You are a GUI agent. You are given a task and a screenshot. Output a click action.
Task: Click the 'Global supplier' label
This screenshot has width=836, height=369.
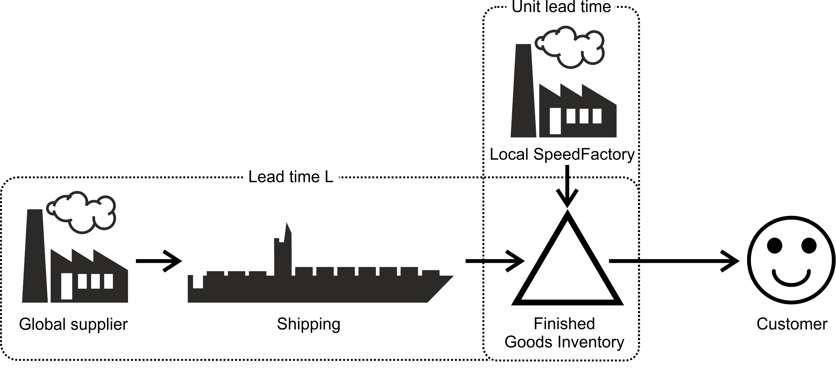tap(73, 324)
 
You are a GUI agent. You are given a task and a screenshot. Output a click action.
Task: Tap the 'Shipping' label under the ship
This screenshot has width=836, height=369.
tap(309, 324)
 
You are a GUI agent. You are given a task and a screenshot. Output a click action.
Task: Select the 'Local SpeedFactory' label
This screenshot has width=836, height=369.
tap(562, 154)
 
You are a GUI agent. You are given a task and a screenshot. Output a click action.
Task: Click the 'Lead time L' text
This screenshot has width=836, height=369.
tap(291, 177)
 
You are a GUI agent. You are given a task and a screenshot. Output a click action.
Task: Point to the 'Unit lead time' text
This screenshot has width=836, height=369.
tap(561, 7)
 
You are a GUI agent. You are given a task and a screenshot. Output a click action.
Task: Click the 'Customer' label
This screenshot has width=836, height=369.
tap(792, 324)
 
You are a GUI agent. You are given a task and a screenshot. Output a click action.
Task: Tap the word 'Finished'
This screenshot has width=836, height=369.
tap(564, 324)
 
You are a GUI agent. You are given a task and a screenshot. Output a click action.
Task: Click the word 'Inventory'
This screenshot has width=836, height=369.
tap(591, 342)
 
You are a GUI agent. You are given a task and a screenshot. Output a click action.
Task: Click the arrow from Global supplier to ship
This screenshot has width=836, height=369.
tap(158, 261)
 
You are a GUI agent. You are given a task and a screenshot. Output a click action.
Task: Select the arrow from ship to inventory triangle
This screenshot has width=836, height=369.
tap(494, 261)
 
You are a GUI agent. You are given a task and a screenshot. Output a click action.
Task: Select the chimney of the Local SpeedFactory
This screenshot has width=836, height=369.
tap(523, 91)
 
